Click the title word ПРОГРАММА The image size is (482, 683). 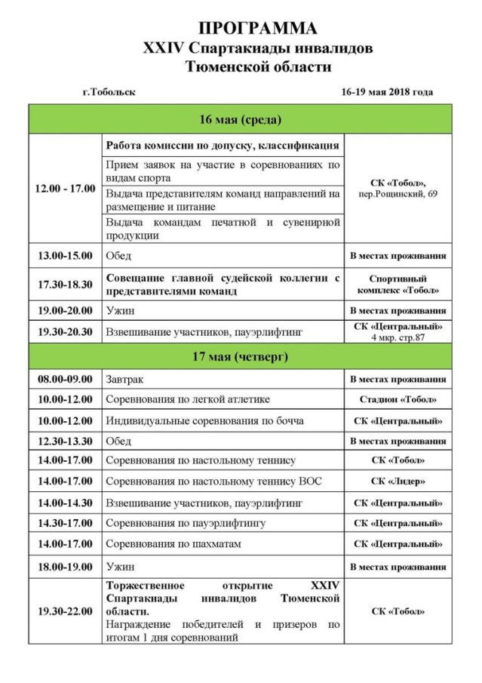[258, 28]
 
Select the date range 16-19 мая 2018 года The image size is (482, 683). [387, 92]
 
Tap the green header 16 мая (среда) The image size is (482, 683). [241, 120]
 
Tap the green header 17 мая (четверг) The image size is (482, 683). [241, 355]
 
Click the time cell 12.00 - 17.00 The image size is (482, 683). [66, 188]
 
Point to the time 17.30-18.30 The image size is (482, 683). [66, 284]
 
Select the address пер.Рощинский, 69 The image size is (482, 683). [398, 194]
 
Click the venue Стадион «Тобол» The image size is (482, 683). [398, 400]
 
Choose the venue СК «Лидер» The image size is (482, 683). [398, 481]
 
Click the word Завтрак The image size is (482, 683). [124, 379]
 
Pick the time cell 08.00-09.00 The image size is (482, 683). [66, 379]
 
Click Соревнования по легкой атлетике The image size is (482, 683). [188, 400]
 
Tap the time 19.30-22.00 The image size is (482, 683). [66, 611]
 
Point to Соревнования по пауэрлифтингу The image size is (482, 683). [186, 523]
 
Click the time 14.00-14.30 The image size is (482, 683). [66, 502]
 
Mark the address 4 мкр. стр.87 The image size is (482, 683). [398, 337]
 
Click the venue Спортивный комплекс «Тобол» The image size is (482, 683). [398, 284]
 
